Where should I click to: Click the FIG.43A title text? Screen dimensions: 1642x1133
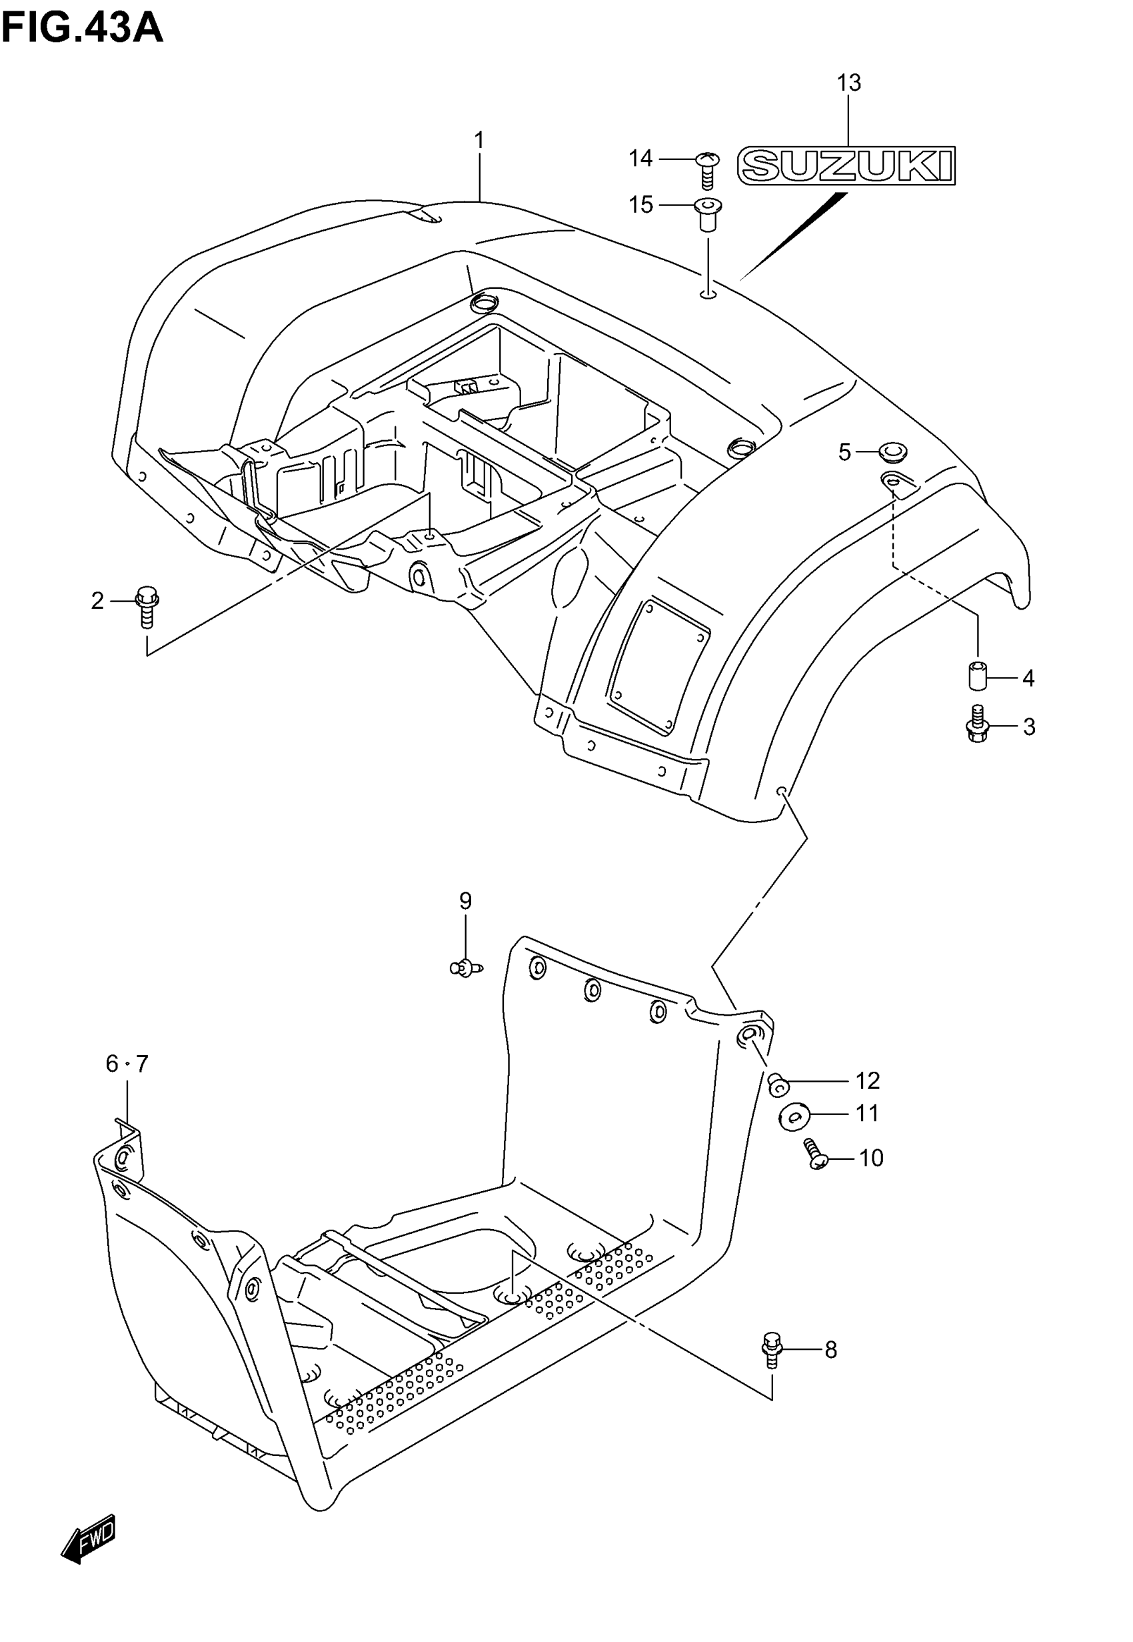(x=83, y=29)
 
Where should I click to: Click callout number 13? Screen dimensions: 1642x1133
(x=848, y=83)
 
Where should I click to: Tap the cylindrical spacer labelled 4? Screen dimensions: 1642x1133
(x=978, y=675)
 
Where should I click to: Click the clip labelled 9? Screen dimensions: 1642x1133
(x=465, y=966)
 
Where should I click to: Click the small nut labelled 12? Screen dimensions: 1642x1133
(x=778, y=1083)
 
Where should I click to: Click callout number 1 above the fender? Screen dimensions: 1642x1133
(x=479, y=141)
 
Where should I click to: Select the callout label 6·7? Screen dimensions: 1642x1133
(x=127, y=1063)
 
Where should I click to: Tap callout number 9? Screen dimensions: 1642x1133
(x=465, y=901)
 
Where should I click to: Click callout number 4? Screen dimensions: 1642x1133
(x=1028, y=678)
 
